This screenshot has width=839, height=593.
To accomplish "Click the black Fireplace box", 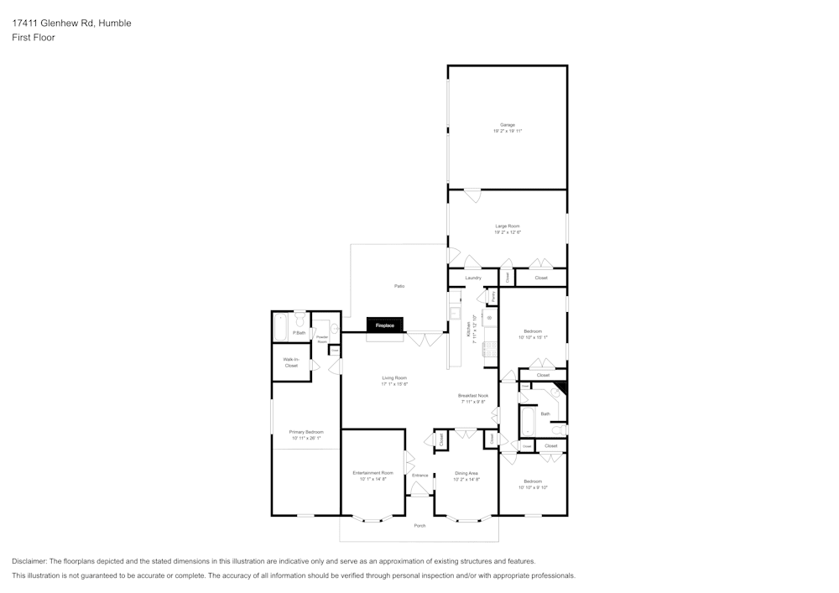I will point(385,325).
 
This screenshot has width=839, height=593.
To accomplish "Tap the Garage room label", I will point(508,125).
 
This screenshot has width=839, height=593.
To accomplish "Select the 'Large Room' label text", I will point(508,226).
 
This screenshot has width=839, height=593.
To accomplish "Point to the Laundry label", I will point(473,278).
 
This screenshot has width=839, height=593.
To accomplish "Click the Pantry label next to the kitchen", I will point(493,296).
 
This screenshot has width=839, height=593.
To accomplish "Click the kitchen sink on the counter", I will point(454,314).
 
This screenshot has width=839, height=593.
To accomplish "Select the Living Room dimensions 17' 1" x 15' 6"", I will point(394,384).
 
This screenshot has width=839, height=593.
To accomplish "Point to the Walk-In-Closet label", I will point(291,362).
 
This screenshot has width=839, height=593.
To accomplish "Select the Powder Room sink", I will point(333,329).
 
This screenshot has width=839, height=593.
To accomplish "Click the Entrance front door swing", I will point(419,487).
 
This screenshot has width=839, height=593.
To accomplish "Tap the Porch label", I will point(419,526).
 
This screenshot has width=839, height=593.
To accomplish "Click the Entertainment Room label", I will point(373,473).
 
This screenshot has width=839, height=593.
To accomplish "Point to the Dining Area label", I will point(466,473).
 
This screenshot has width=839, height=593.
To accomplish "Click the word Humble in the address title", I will point(115,23).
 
